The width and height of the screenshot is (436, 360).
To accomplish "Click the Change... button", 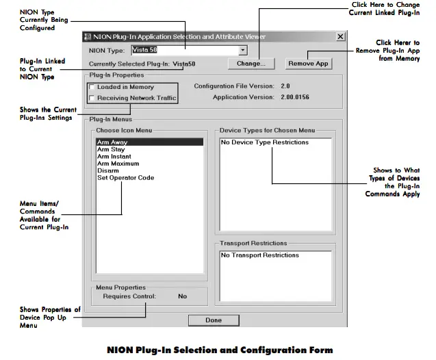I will point(251,64).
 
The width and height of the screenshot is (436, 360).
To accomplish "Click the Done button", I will point(213,320).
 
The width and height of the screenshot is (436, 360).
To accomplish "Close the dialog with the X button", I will point(340,36).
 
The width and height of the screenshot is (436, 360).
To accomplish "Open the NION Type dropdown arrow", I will point(242,51).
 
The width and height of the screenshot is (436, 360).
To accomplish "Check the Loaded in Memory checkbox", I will point(92,88).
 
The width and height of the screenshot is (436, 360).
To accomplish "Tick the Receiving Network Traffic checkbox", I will point(92,98).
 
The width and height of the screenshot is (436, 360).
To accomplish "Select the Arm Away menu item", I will point(112,142).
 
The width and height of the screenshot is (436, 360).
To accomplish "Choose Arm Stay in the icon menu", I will point(111,149).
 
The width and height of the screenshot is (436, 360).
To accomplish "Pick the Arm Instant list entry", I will point(114,157).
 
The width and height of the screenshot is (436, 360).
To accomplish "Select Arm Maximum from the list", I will point(118,164).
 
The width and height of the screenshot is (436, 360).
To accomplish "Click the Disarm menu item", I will point(107,170).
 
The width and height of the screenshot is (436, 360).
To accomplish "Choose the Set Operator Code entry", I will point(125,178).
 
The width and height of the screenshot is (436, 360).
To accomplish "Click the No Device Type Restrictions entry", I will point(264,142).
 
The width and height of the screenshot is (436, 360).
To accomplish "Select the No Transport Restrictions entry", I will point(259,255).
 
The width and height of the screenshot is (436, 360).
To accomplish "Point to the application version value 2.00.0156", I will point(295,98).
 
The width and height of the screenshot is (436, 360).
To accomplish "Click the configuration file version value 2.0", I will point(285,86).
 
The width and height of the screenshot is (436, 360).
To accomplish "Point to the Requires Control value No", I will point(182,296).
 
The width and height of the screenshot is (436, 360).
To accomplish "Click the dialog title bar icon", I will point(87,36).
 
